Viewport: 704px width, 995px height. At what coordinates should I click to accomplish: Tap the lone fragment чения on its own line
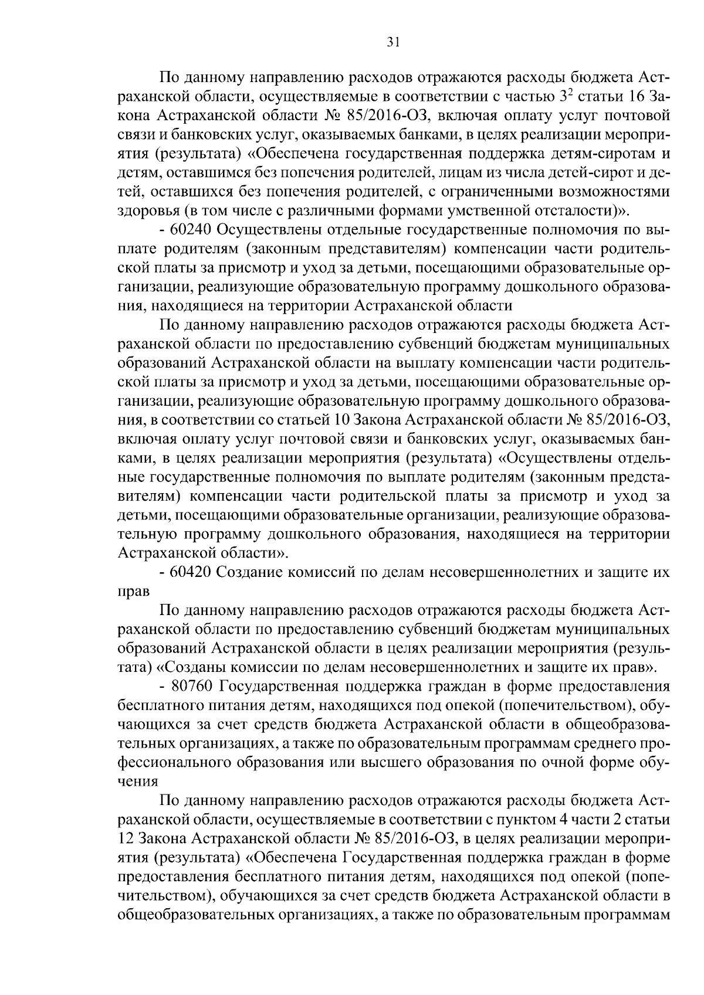138,782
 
